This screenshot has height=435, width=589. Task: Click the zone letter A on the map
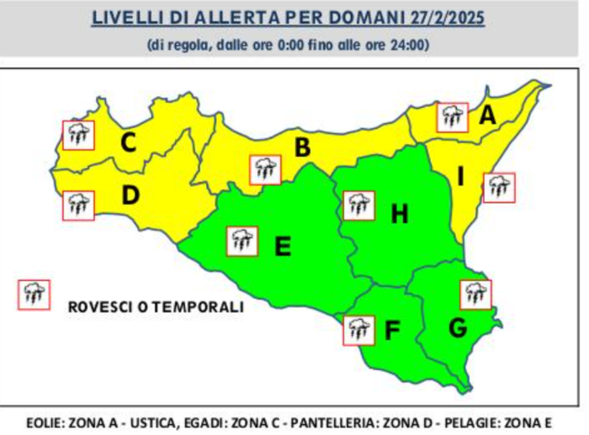(x=486, y=116)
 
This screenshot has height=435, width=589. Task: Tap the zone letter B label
(x=301, y=148)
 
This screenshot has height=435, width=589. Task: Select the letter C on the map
(x=128, y=142)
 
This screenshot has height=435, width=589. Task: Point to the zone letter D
(x=130, y=196)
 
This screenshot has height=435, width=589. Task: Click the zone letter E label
(x=283, y=246)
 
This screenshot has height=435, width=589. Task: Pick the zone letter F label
(x=391, y=331)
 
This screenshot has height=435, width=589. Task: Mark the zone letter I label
(x=460, y=176)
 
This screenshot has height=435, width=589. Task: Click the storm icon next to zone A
(x=452, y=116)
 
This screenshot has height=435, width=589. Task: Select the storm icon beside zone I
(x=498, y=187)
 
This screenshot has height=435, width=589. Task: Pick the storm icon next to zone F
(x=358, y=329)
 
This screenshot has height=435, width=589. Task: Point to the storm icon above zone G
(x=476, y=294)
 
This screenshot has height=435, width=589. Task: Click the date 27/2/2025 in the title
(x=445, y=18)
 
